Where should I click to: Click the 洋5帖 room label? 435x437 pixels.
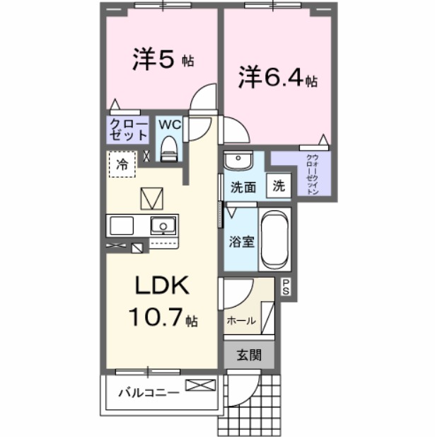point(163,60)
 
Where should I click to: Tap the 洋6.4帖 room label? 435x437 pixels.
point(277,77)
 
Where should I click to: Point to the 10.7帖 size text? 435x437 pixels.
point(162,317)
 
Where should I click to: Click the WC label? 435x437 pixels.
point(169,125)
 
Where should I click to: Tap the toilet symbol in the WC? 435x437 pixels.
point(168,147)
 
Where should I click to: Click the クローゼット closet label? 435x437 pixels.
point(128,130)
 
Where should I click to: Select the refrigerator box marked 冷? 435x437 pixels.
point(122,165)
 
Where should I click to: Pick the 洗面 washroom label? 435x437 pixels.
point(243,188)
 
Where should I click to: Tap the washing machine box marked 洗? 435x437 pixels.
point(279,186)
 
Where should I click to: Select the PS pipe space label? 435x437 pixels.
point(286,287)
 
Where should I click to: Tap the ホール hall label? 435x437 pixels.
point(240,321)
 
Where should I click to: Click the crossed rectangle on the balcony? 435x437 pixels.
point(202,386)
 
